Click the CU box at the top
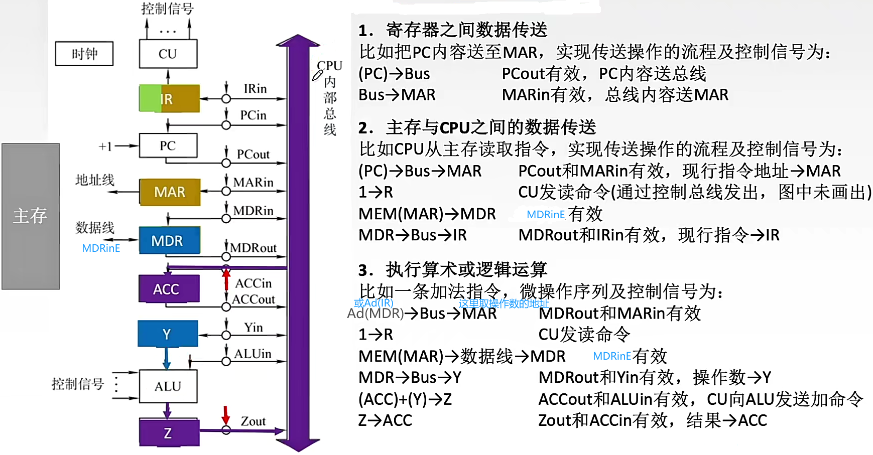click(x=168, y=54)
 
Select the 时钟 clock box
click(x=84, y=54)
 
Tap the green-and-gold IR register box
click(x=169, y=98)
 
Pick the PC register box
click(x=168, y=145)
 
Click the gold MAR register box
click(x=170, y=192)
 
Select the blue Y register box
click(x=168, y=334)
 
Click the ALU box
click(x=168, y=386)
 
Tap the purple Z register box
click(x=169, y=432)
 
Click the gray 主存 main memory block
click(x=31, y=216)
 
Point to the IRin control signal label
click(x=255, y=89)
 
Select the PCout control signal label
click(x=253, y=154)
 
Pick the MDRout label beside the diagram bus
click(x=254, y=248)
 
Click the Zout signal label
click(x=253, y=421)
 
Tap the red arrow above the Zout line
click(x=226, y=414)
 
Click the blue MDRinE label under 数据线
click(x=101, y=248)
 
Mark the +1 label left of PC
click(x=105, y=146)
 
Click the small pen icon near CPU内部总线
click(x=317, y=75)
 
